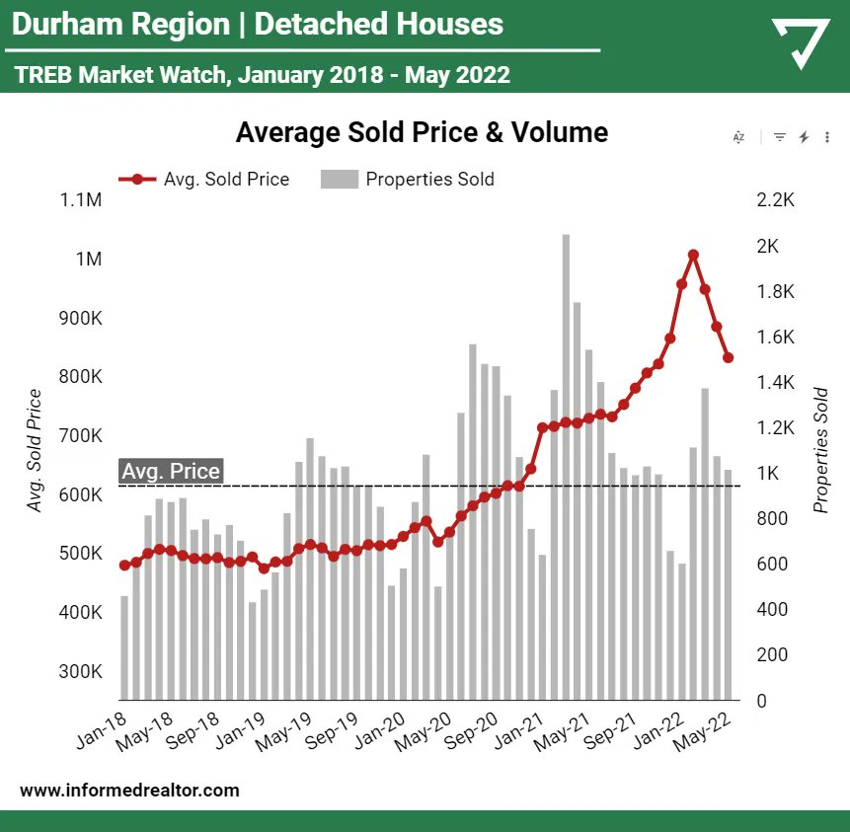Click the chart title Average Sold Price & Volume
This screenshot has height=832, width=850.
coord(422,132)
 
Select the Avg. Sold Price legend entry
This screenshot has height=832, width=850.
coord(204,180)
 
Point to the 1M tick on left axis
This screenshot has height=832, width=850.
coord(89,259)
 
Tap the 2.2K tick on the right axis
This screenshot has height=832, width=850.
coord(775,200)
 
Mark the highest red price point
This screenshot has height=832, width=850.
coord(693,255)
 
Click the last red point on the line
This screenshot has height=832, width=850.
coord(729,358)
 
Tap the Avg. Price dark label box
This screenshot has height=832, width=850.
coord(170,472)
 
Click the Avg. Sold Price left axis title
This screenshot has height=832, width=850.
coord(35,451)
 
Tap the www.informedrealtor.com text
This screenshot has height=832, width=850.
coord(129,790)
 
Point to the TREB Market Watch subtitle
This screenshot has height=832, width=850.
coord(263,74)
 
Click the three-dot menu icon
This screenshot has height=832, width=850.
coord(827,137)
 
